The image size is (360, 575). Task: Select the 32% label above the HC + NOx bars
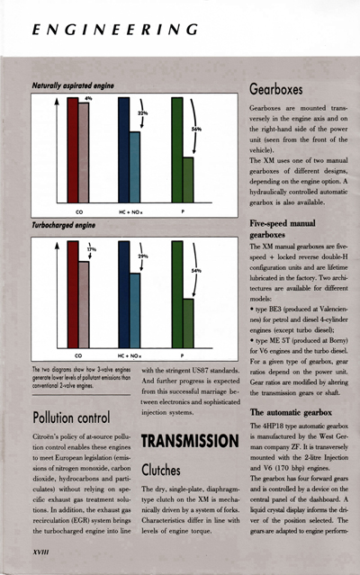(x=141, y=114)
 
